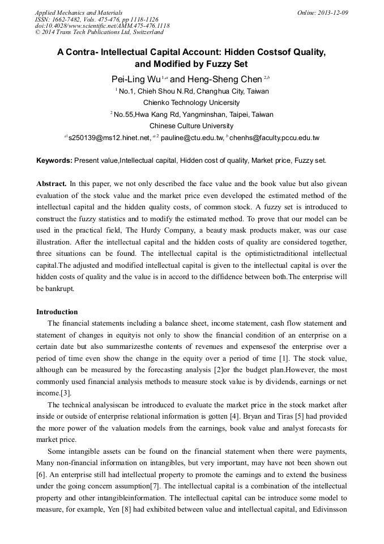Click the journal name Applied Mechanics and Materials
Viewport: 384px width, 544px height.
[79, 12]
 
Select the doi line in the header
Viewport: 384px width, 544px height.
[102, 26]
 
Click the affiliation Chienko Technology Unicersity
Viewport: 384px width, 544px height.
[191, 103]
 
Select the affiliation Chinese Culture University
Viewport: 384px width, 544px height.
[191, 126]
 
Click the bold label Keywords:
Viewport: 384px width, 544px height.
[54, 161]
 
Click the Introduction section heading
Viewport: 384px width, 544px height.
[57, 311]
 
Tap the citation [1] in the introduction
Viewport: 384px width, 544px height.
[285, 358]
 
